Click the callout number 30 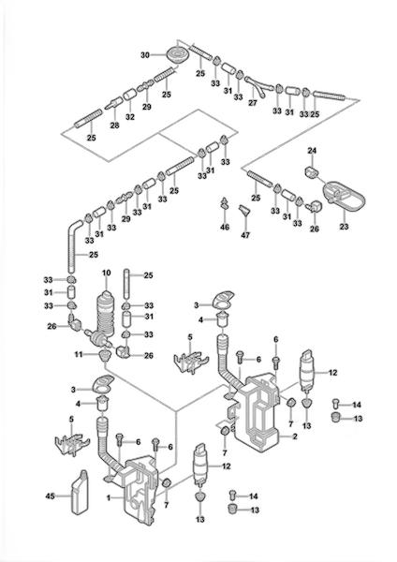coord(145,55)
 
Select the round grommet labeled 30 coord(177,55)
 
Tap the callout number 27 coord(253,102)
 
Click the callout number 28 coord(114,126)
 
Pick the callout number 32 coord(130,117)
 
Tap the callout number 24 coord(312,151)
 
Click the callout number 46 coord(225,227)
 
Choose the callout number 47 coord(246,235)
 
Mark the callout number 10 coord(106,274)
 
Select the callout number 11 coord(79,354)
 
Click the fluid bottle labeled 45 coord(81,492)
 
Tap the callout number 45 coord(50,496)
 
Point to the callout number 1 coord(108,498)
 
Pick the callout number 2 coord(295,436)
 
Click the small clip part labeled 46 coord(225,203)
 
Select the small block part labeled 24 coord(312,171)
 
